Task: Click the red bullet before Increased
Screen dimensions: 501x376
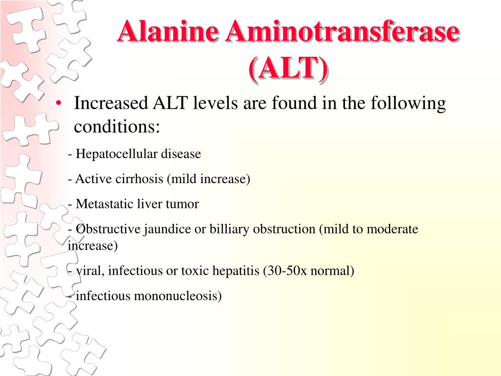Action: (59, 103)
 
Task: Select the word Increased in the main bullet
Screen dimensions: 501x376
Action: (111, 103)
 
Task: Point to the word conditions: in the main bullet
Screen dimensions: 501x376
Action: (116, 127)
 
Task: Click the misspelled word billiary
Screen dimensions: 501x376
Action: (229, 229)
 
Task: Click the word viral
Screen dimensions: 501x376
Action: (91, 271)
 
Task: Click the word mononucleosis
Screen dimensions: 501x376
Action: (178, 296)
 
